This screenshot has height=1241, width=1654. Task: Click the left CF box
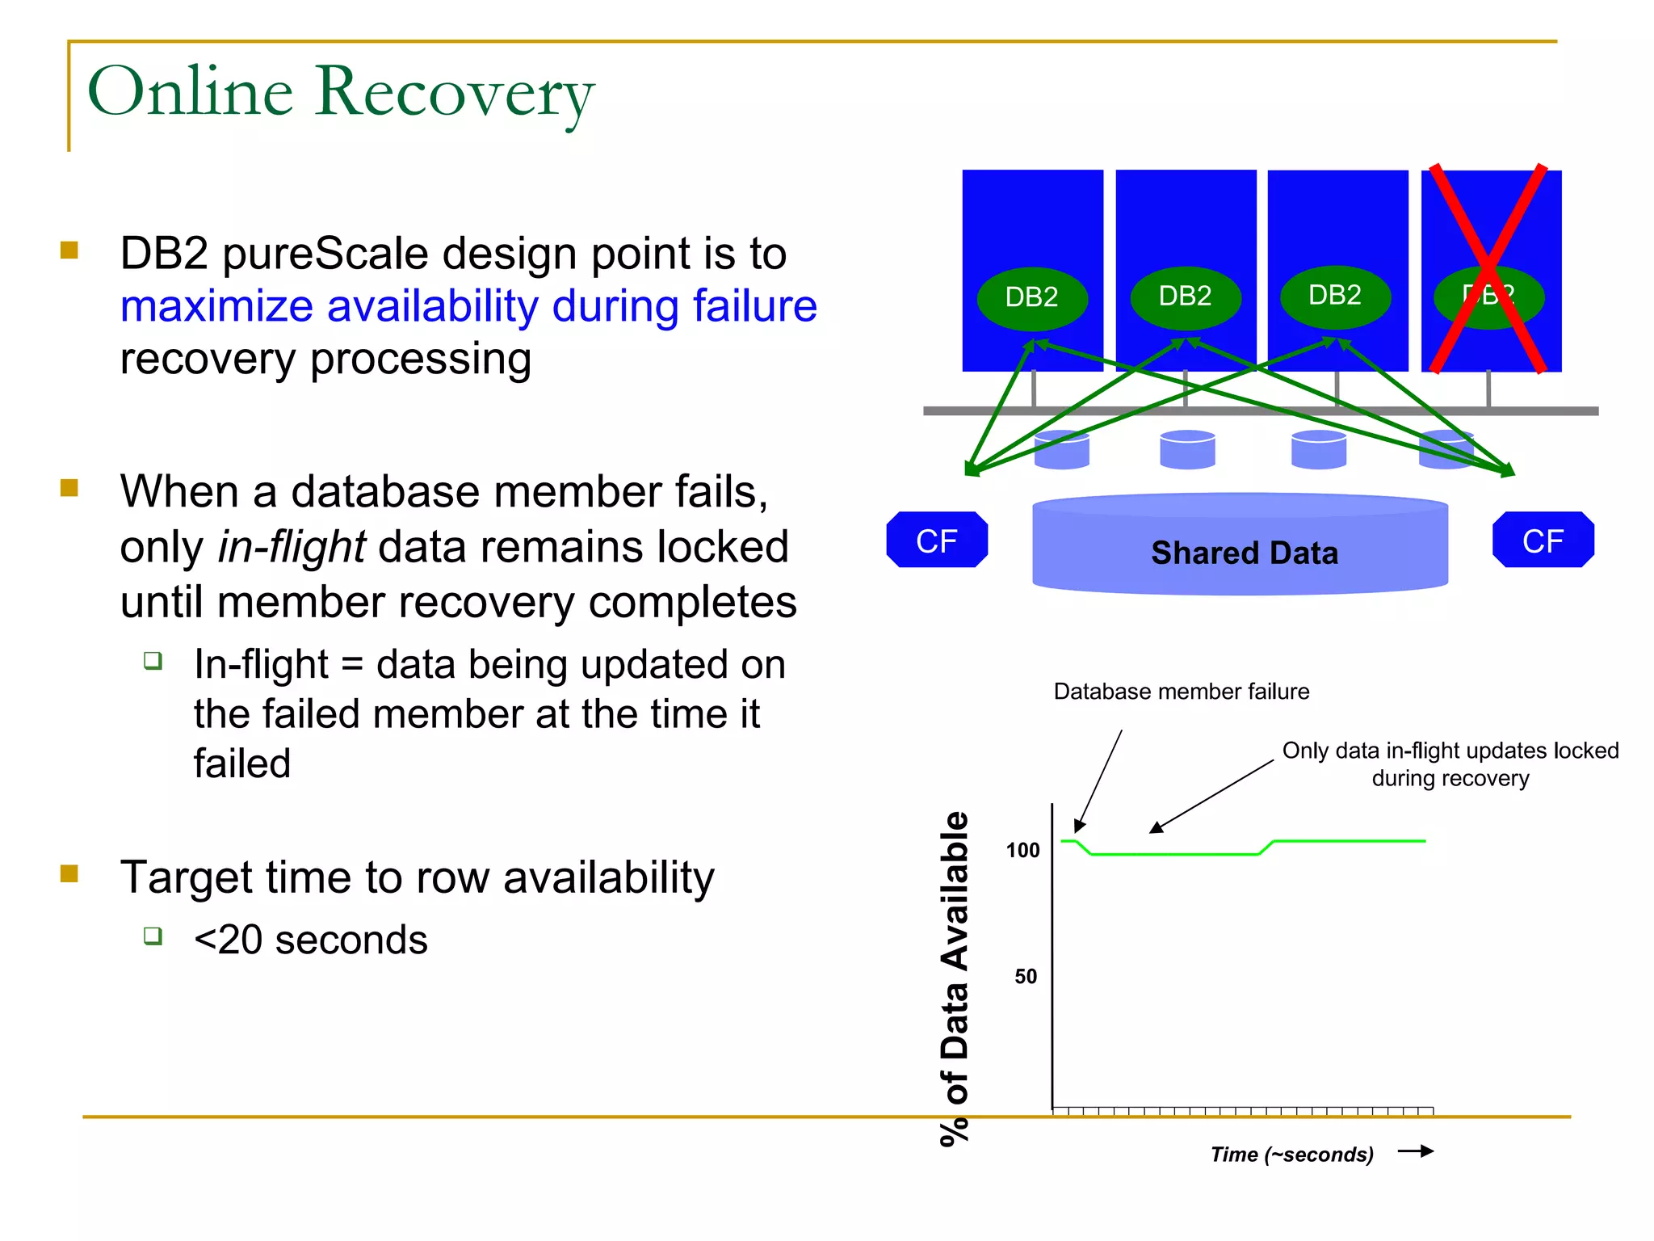click(937, 540)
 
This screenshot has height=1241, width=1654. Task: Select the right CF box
click(1543, 540)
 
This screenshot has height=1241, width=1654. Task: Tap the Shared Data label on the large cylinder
click(1244, 553)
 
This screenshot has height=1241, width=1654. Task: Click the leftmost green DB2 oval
click(1032, 297)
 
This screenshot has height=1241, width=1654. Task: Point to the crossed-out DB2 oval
click(1488, 296)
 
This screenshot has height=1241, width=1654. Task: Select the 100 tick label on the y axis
click(1022, 850)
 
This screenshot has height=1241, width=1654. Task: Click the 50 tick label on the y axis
click(1026, 976)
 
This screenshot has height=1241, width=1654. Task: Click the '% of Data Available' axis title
click(955, 978)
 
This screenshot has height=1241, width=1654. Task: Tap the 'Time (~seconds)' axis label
click(1291, 1154)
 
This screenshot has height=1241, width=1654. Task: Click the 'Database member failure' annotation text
click(1181, 692)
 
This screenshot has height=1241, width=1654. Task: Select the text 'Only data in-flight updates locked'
click(1450, 751)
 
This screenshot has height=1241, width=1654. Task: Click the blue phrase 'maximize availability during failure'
click(468, 306)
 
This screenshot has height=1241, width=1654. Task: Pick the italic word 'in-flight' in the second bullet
click(292, 547)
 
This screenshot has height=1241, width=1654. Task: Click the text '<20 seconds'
click(310, 940)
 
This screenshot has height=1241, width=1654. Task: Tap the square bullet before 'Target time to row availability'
click(69, 873)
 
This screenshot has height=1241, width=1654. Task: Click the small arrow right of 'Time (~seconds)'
click(1415, 1151)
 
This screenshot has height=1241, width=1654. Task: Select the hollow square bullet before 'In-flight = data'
click(153, 661)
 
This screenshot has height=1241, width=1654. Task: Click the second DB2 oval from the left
click(1185, 297)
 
